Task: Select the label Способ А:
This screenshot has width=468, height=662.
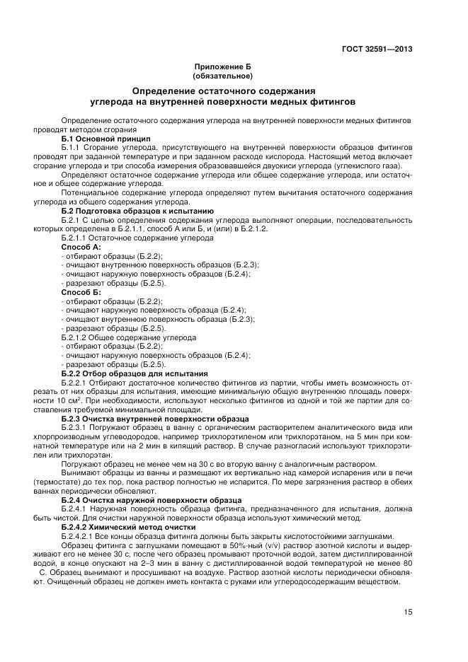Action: [x=81, y=247]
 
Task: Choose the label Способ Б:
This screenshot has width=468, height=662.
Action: [x=81, y=292]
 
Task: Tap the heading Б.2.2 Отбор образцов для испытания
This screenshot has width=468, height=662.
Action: [x=135, y=373]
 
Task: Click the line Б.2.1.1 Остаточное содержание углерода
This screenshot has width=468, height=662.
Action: [x=127, y=238]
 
